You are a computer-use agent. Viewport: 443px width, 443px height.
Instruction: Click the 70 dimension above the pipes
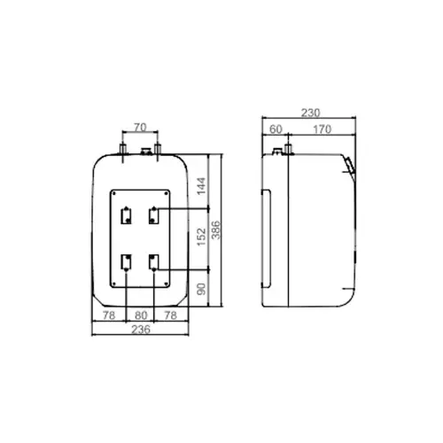pos(140,128)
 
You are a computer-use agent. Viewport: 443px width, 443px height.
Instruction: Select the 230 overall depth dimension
pos(310,113)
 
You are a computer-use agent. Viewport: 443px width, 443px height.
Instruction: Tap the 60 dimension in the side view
pos(276,129)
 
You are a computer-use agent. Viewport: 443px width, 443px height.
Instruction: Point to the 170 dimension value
pos(322,129)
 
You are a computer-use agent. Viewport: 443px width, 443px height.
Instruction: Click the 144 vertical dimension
pos(201,186)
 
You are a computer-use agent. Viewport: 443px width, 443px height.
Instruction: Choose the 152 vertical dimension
pos(201,237)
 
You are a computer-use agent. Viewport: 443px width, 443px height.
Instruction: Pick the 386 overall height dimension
pos(216,230)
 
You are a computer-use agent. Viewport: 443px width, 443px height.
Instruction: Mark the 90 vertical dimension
pos(201,289)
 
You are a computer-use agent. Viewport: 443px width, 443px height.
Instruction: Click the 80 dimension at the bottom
pos(141,315)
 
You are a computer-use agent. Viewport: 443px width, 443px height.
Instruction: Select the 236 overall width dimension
pos(141,330)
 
